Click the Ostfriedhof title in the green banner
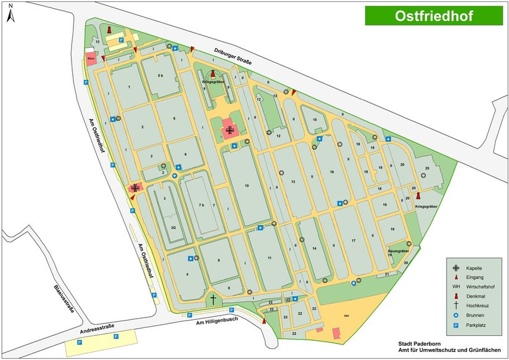434,16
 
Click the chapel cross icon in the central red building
230,130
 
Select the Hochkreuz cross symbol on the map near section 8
213,300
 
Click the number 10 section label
246,186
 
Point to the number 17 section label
354,240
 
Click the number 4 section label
187,274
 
